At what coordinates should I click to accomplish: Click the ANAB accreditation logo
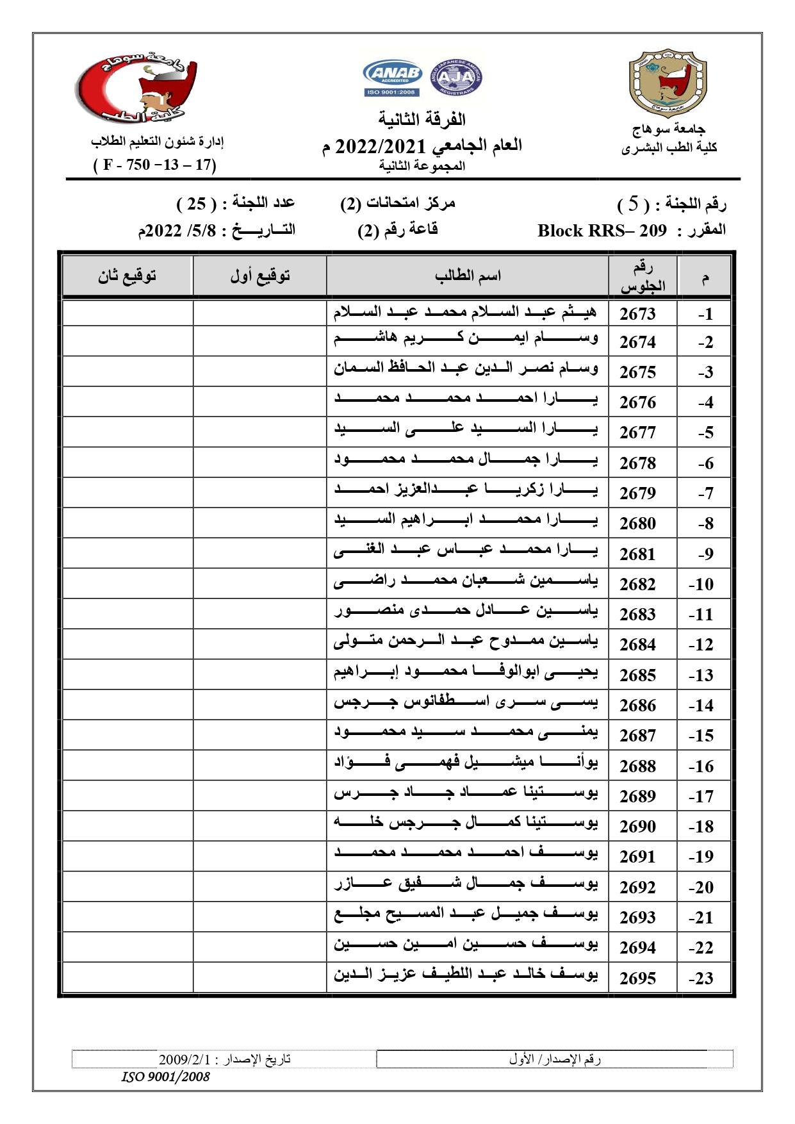point(392,78)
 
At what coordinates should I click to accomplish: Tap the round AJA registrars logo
point(455,78)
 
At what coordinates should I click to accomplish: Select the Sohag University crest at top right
point(668,84)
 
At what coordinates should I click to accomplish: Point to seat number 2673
point(637,313)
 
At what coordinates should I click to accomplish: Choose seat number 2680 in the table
point(637,524)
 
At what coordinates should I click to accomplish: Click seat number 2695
point(637,978)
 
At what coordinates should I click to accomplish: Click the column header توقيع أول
point(260,276)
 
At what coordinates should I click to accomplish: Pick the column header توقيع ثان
point(127,276)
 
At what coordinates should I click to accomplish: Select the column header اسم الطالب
point(468,276)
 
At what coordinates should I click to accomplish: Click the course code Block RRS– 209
point(602,231)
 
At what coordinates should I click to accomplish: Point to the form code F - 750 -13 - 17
point(154,165)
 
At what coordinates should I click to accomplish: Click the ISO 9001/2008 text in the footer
point(166,1077)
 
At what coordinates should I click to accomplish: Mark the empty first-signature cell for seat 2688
point(260,765)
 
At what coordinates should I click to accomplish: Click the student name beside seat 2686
point(466,704)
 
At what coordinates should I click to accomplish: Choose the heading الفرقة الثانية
point(422,119)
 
